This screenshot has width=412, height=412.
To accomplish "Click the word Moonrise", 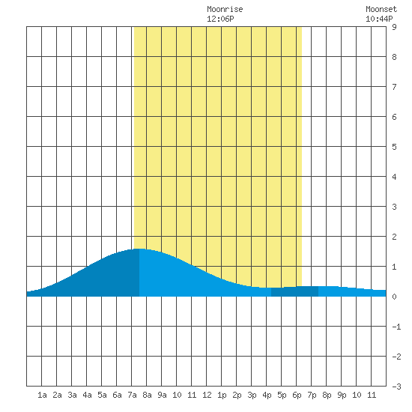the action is click(x=225, y=10).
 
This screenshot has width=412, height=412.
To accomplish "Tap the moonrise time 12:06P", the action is click(x=220, y=19).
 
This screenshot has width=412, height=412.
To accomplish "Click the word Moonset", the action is click(x=381, y=10).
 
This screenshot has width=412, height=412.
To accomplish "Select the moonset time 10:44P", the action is click(x=379, y=19).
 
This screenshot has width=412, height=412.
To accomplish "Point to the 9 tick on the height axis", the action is click(x=394, y=27).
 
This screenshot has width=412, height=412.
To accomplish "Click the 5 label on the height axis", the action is click(x=394, y=147).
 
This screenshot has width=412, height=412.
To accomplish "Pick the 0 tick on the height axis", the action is click(x=394, y=297).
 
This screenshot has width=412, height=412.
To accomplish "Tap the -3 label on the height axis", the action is click(x=396, y=387).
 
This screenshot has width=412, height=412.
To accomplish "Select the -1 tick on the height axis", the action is click(x=396, y=327).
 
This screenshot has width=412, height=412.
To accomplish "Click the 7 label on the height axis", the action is click(x=394, y=87).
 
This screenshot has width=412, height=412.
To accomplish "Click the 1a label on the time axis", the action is click(x=42, y=395).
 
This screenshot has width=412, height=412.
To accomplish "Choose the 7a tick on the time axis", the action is click(x=132, y=395).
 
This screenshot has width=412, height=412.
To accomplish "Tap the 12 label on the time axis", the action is click(x=207, y=395).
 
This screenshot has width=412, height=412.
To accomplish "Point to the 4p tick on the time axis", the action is click(x=267, y=395).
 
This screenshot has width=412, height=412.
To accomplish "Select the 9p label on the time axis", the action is click(x=342, y=395).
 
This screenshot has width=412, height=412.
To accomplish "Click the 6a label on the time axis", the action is click(x=117, y=395).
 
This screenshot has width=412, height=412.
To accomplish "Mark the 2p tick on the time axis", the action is click(x=237, y=395).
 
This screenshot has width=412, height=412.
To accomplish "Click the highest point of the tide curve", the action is click(x=139, y=249).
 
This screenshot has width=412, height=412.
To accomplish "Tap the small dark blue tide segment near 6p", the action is click(x=294, y=291).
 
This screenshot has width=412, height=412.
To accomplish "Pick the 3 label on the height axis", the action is click(x=394, y=207).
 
